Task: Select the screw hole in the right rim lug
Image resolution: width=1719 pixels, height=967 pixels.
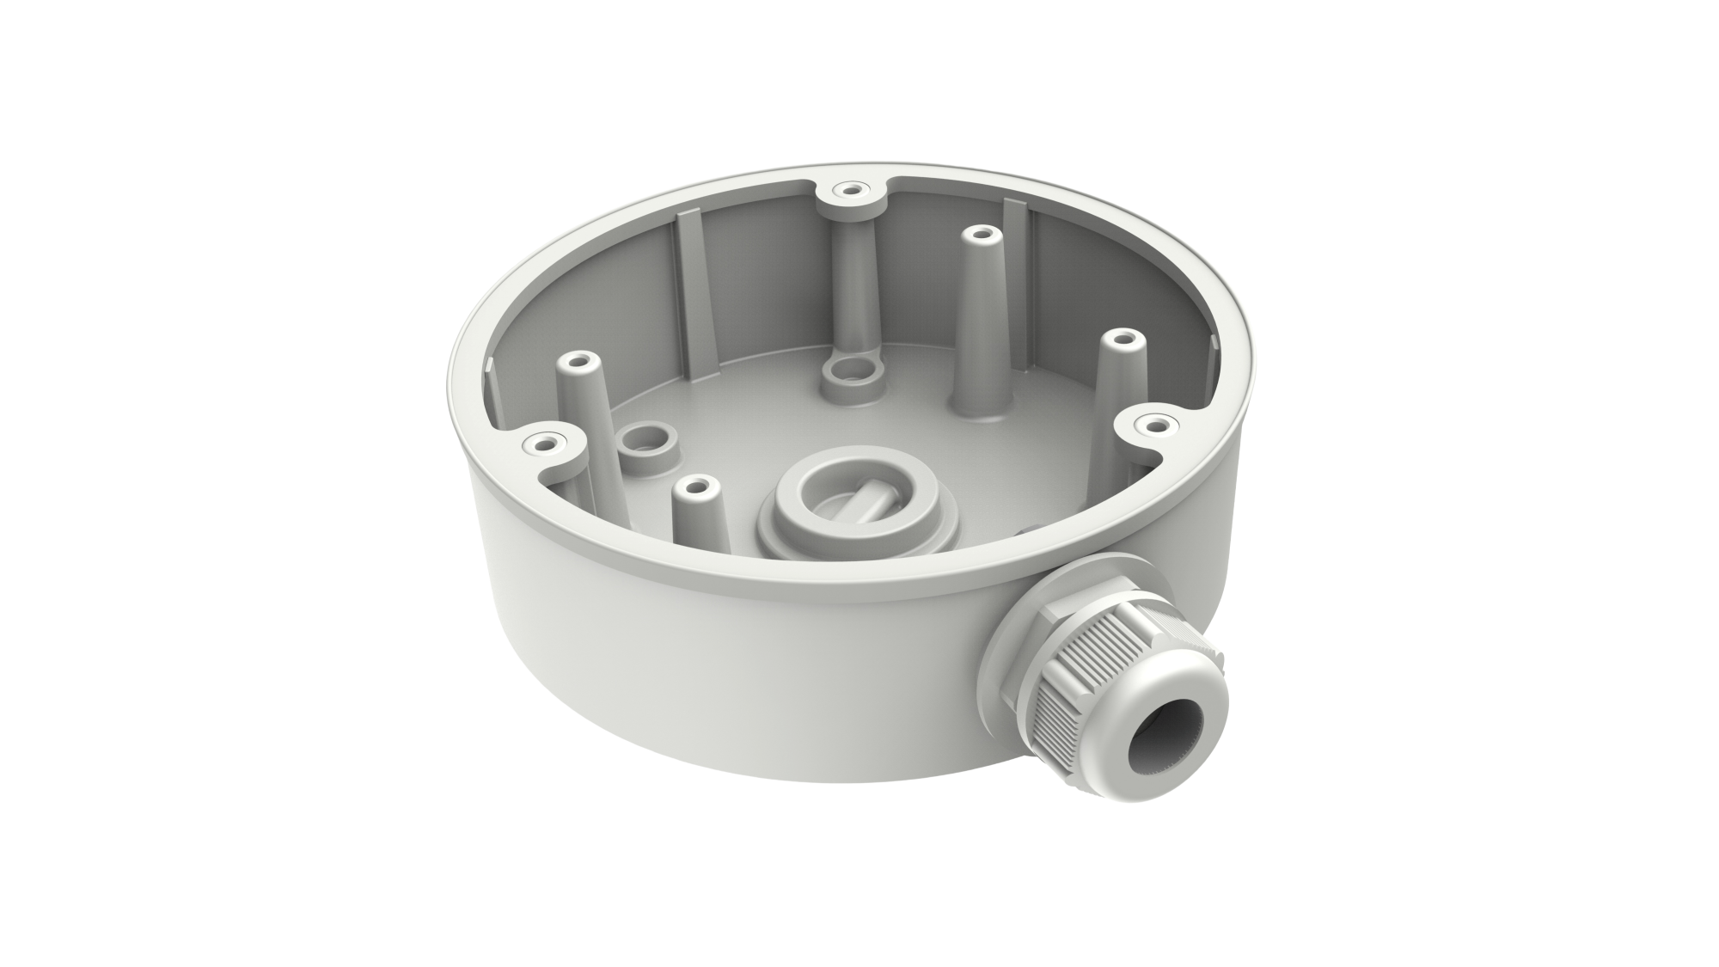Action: (1153, 425)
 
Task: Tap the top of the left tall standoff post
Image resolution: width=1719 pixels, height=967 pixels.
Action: (578, 359)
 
